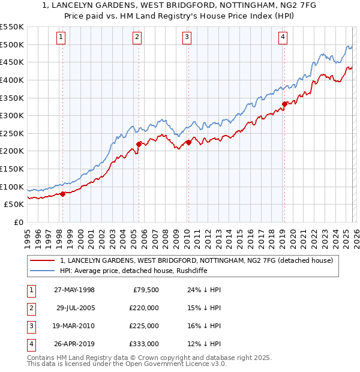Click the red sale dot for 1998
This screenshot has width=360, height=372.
62,193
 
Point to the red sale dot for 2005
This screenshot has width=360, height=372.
139,143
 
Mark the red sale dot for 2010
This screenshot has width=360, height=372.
188,142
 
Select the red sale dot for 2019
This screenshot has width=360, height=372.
284,104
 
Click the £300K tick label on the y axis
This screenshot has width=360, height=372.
12,115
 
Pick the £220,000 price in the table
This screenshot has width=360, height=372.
145,307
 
